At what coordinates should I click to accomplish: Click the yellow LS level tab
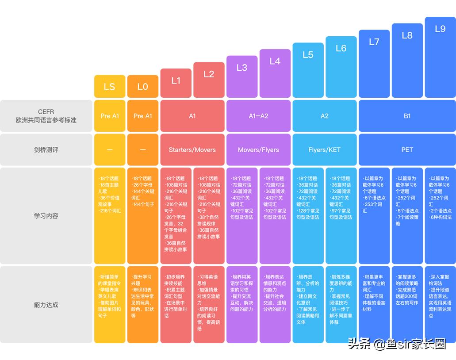(109, 87)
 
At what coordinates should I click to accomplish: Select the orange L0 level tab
(142, 87)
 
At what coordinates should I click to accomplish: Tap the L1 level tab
(176, 83)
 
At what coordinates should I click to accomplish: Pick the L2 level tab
(209, 80)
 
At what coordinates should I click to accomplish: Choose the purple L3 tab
(242, 77)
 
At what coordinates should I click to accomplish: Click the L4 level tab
(275, 73)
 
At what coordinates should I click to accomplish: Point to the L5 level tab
(308, 70)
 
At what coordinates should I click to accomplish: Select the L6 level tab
(341, 67)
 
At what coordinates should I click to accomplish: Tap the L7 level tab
(374, 64)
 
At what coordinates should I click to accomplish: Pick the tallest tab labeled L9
(440, 57)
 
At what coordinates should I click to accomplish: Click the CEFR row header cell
(46, 116)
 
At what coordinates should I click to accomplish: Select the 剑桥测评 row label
(46, 150)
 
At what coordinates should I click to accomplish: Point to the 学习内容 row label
(46, 216)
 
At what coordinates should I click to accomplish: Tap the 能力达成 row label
(46, 305)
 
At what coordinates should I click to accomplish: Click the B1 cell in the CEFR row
(407, 116)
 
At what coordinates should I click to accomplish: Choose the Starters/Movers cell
(192, 150)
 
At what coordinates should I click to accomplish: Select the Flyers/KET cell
(325, 150)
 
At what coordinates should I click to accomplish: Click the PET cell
(407, 150)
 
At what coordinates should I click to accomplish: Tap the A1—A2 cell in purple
(258, 116)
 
